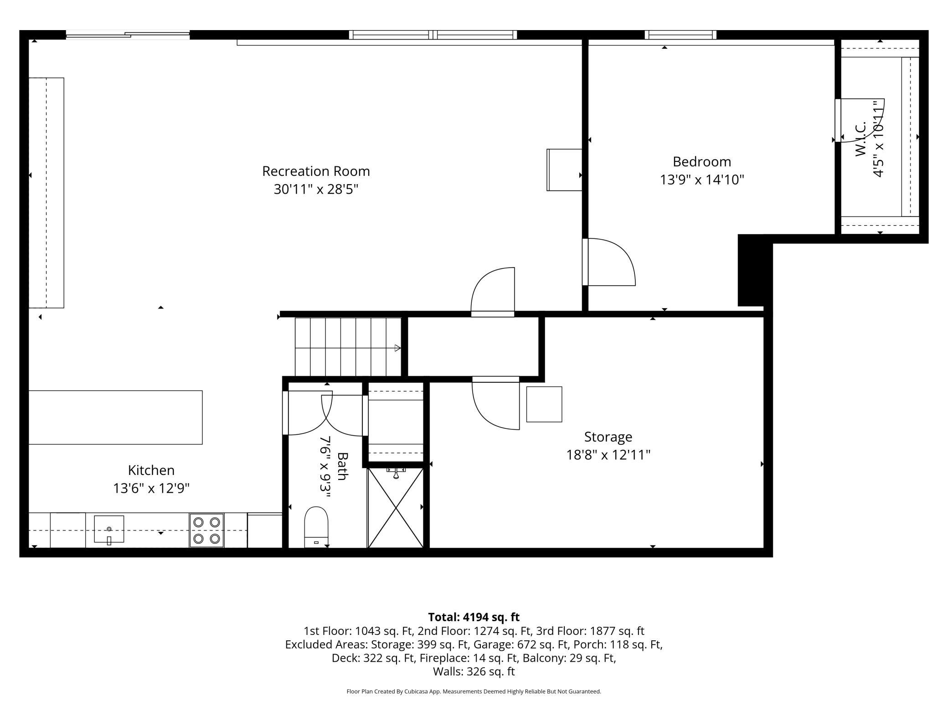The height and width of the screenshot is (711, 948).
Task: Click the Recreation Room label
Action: click(x=316, y=171)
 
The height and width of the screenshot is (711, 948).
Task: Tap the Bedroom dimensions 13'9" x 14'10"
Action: click(x=702, y=180)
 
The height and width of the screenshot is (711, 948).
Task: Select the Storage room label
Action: click(x=608, y=437)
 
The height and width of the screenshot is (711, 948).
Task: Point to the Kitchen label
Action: click(x=151, y=470)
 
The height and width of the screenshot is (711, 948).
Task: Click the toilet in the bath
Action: click(x=316, y=526)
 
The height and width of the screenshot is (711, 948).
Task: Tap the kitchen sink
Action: click(x=109, y=530)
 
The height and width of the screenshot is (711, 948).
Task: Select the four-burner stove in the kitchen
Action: click(x=206, y=530)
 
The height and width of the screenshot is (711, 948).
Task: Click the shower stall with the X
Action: click(x=396, y=507)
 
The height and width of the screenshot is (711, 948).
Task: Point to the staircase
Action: click(x=348, y=347)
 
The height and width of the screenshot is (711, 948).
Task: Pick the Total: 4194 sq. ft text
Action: click(x=474, y=617)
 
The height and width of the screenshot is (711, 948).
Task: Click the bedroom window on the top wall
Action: click(x=680, y=35)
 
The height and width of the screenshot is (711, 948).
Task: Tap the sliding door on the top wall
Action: click(x=128, y=35)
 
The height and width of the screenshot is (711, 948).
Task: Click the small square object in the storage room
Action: click(x=544, y=404)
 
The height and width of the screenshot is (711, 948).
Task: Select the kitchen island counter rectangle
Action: click(x=115, y=417)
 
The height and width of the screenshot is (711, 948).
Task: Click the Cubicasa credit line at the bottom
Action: click(x=474, y=691)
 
